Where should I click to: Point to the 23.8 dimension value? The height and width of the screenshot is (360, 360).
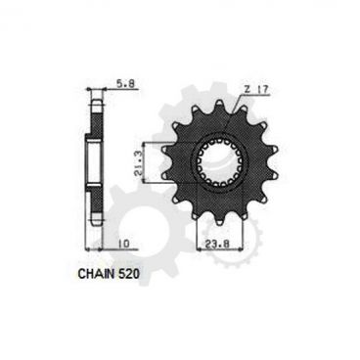click(218, 234)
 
